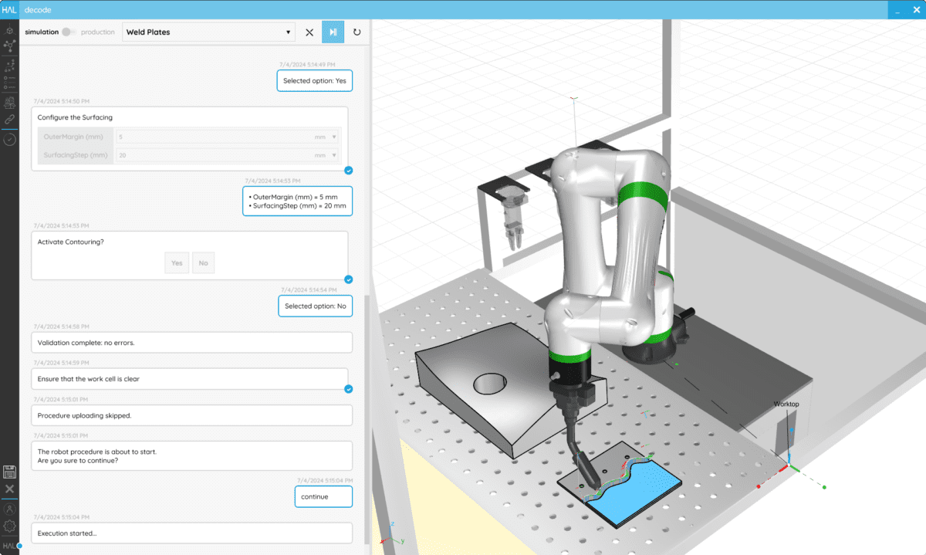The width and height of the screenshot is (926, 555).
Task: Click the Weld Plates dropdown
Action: pyautogui.click(x=208, y=32)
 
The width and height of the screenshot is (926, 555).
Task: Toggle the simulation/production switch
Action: pyautogui.click(x=69, y=32)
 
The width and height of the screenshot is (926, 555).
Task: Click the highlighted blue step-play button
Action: pyautogui.click(x=333, y=32)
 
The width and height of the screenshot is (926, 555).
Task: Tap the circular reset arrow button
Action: pyautogui.click(x=357, y=32)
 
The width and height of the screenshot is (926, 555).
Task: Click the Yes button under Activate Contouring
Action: pyautogui.click(x=177, y=263)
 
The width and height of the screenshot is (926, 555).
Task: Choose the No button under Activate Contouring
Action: pyautogui.click(x=203, y=263)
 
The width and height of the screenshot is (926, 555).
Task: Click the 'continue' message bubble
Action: pyautogui.click(x=323, y=496)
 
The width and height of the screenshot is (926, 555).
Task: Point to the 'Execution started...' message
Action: pyautogui.click(x=191, y=533)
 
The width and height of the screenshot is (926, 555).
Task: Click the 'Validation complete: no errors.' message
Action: pyautogui.click(x=191, y=342)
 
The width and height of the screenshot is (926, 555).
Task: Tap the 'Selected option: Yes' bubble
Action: pyautogui.click(x=314, y=80)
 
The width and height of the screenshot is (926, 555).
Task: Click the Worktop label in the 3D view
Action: pyautogui.click(x=786, y=404)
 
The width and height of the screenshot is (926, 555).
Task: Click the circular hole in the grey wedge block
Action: pyautogui.click(x=488, y=383)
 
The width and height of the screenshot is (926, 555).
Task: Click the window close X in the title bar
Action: pyautogui.click(x=914, y=10)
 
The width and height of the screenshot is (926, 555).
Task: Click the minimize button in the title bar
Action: pyautogui.click(x=897, y=10)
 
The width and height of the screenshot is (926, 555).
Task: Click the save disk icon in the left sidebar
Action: pyautogui.click(x=9, y=472)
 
